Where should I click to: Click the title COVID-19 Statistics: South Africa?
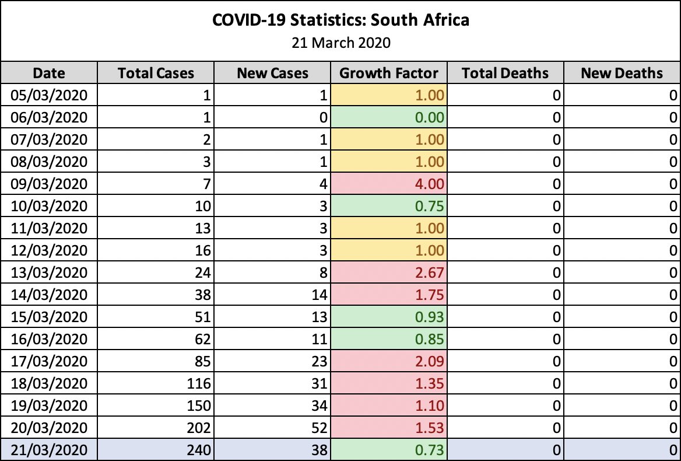(x=340, y=20)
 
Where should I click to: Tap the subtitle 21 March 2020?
(x=340, y=43)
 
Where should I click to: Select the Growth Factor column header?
(x=388, y=73)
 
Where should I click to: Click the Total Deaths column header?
(x=505, y=73)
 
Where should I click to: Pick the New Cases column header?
(x=272, y=73)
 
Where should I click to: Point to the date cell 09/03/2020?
(x=49, y=184)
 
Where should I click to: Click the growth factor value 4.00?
(x=430, y=184)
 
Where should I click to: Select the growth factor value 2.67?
(x=430, y=273)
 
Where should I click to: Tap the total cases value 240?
(x=198, y=450)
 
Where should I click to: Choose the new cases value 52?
(x=318, y=428)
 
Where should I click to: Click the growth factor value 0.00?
(x=430, y=117)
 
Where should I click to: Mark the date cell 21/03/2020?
(x=49, y=450)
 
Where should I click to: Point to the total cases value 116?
(x=198, y=383)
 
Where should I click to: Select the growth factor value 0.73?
(x=430, y=450)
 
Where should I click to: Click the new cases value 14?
(x=318, y=295)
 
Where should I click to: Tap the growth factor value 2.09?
(x=430, y=361)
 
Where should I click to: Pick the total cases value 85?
(x=201, y=361)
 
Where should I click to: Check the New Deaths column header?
(x=622, y=73)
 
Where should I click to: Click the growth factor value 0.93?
(x=430, y=317)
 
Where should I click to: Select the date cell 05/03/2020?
(x=49, y=95)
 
